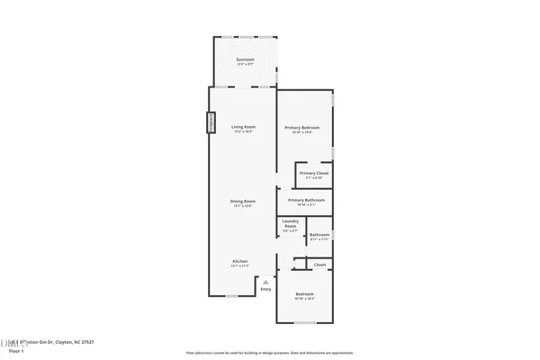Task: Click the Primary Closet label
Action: click(x=314, y=172)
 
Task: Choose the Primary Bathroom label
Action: click(x=305, y=199)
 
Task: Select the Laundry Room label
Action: click(x=290, y=225)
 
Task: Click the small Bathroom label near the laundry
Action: click(x=320, y=235)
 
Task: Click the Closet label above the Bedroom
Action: click(x=320, y=265)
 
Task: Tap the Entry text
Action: click(x=265, y=289)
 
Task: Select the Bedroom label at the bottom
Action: click(x=304, y=294)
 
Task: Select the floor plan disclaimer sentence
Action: click(x=269, y=352)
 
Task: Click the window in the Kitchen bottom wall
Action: click(x=232, y=296)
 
